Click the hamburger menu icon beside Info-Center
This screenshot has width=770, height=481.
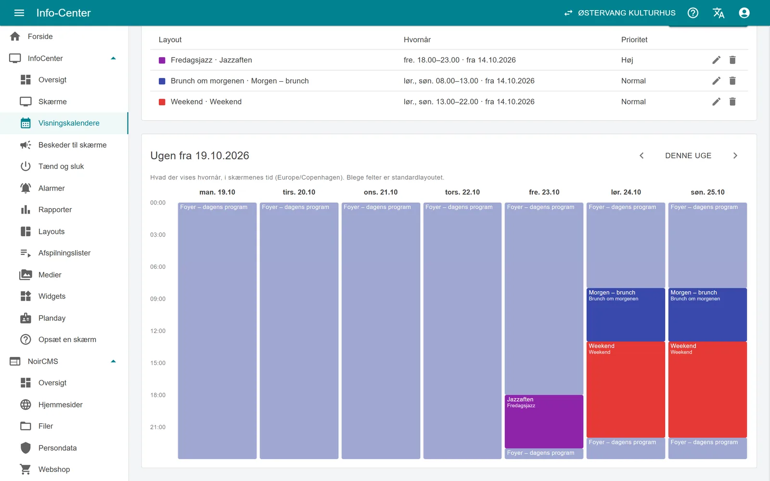coord(19,13)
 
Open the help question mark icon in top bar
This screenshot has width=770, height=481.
coord(693,13)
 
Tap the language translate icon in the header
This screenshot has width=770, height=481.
coord(719,13)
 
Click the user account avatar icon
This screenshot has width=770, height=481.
coord(744,13)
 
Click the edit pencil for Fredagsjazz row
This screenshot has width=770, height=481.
coord(717,60)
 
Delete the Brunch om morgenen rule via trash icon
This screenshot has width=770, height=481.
coord(732,81)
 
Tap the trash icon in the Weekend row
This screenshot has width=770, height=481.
coord(732,101)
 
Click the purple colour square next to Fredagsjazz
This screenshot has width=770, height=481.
coord(162,60)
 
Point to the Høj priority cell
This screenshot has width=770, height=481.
coord(627,60)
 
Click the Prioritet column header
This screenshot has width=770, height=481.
coord(634,39)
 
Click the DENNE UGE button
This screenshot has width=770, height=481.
coord(688,156)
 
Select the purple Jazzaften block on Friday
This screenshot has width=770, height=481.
coord(544,421)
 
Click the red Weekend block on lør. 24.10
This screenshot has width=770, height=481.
coord(626,389)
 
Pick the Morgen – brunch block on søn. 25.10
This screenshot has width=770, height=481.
coord(707,315)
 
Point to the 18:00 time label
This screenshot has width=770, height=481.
coord(158,395)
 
